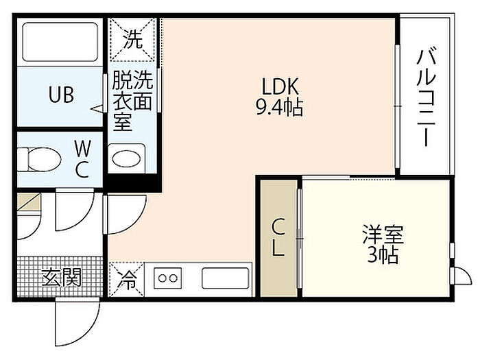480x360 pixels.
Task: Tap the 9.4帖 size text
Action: point(280,107)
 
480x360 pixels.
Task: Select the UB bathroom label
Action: point(61,95)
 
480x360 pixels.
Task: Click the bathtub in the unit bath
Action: point(60,42)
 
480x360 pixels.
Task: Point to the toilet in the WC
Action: point(39,159)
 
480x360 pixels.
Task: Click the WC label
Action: point(83,159)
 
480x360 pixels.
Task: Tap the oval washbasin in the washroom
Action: point(126,158)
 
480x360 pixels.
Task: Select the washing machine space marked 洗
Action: point(133,39)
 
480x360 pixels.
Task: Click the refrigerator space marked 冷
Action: point(127,280)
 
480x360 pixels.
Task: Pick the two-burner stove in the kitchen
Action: point(167,278)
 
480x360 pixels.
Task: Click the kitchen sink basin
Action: point(226,278)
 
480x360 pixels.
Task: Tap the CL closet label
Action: point(278,238)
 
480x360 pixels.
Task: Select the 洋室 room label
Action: point(383,235)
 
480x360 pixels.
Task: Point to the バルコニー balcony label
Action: point(426,97)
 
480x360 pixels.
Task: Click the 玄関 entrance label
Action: point(62,277)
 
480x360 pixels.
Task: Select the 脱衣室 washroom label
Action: point(123,101)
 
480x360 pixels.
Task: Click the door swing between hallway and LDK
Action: point(125,214)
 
